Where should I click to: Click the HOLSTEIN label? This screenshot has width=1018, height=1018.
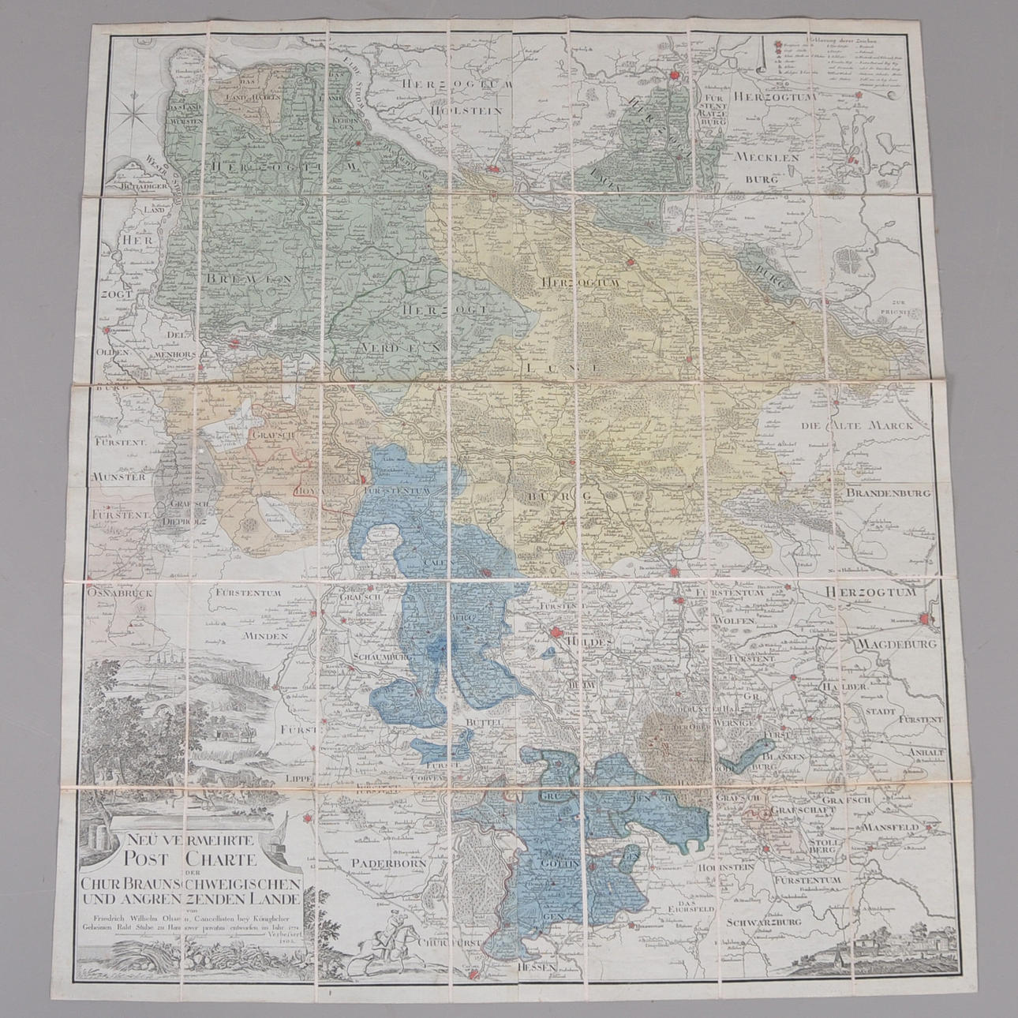click(x=465, y=111)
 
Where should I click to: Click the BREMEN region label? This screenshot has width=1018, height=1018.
click(x=246, y=279)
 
